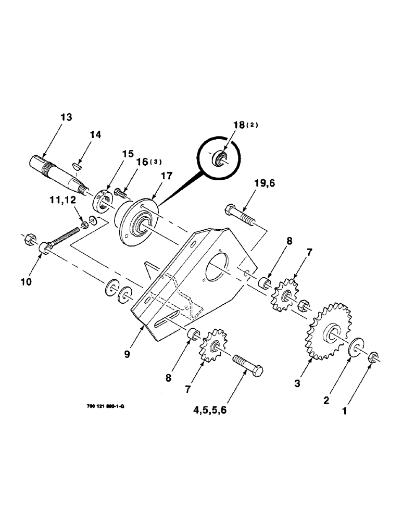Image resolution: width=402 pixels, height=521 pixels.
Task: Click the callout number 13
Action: pyautogui.click(x=66, y=117)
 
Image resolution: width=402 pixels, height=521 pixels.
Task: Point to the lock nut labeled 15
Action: pyautogui.click(x=102, y=199)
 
